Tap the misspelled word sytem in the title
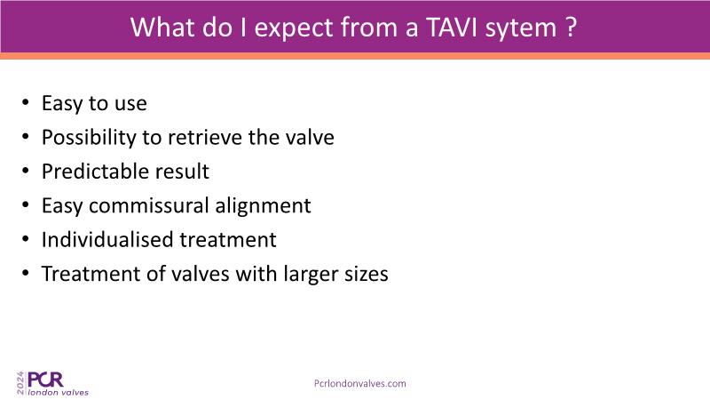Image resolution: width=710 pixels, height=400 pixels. coord(521,29)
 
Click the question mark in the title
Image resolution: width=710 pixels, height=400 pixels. coord(571,28)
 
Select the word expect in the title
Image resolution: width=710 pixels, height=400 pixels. coord(294,29)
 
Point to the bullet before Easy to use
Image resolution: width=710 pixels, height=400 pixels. coord(26,102)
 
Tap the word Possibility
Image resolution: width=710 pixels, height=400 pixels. coord(89,138)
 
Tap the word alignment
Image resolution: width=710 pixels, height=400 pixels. coord(263,206)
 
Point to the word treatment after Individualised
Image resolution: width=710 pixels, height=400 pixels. coord(228,240)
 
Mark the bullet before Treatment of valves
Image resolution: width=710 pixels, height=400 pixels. coord(26,273)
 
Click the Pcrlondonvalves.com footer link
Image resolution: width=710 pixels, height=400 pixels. coord(360,384)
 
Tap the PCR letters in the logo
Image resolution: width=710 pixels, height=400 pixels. coord(45,380)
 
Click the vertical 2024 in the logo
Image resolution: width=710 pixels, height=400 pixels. coord(20,383)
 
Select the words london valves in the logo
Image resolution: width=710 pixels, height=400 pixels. coord(58,392)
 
